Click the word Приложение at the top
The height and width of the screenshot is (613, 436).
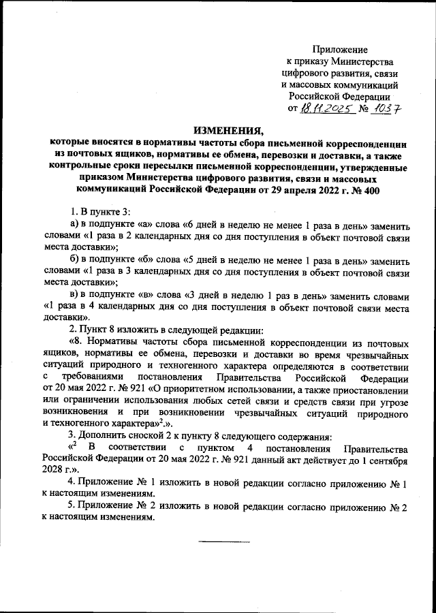point(340,50)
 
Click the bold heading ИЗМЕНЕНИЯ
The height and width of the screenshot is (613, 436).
point(228,131)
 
